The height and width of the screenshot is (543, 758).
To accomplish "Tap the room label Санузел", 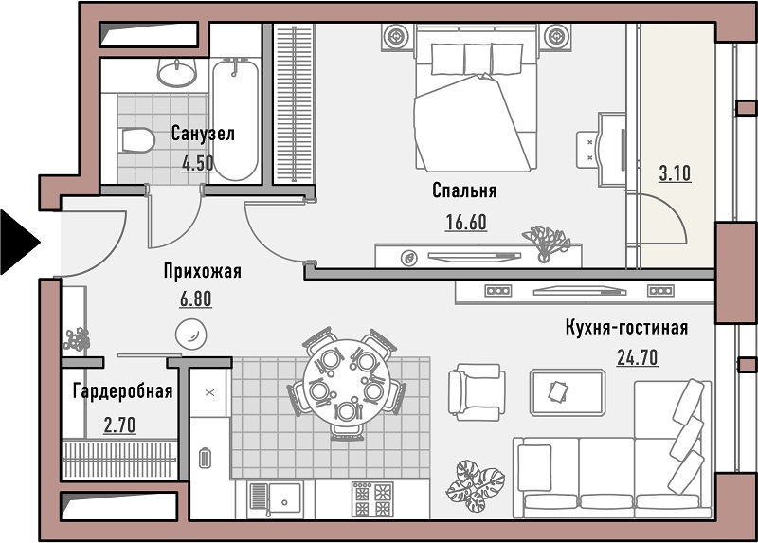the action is click(x=203, y=134).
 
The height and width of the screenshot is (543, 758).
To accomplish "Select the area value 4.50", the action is click(x=198, y=163).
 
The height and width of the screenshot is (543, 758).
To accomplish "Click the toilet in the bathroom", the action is click(x=137, y=139).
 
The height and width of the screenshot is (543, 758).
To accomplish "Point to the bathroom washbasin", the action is click(x=177, y=73).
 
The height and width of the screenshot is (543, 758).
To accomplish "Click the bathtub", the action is click(x=235, y=119).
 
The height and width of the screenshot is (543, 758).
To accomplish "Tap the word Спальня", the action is click(x=464, y=190).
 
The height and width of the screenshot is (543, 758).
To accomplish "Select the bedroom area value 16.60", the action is click(x=466, y=223).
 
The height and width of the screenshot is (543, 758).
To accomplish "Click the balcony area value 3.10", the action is click(x=675, y=173).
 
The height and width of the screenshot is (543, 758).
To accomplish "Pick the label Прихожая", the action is click(x=202, y=271).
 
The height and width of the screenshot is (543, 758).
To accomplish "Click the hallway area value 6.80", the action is click(x=196, y=299).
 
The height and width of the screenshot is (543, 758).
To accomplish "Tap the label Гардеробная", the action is click(x=123, y=391).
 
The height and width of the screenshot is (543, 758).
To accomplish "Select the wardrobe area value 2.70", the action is click(x=120, y=425).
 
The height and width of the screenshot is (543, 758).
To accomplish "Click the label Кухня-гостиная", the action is click(x=626, y=328).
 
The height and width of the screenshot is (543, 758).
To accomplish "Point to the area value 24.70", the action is click(x=637, y=357).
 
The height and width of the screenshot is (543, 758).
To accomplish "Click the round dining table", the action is click(x=346, y=383).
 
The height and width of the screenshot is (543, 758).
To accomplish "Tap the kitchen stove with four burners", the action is click(x=372, y=499).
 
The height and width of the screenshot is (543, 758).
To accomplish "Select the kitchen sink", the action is click(x=275, y=498).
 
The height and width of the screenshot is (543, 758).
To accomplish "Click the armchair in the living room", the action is click(x=477, y=392).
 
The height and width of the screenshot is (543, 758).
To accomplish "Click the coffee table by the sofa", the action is click(x=568, y=392).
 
